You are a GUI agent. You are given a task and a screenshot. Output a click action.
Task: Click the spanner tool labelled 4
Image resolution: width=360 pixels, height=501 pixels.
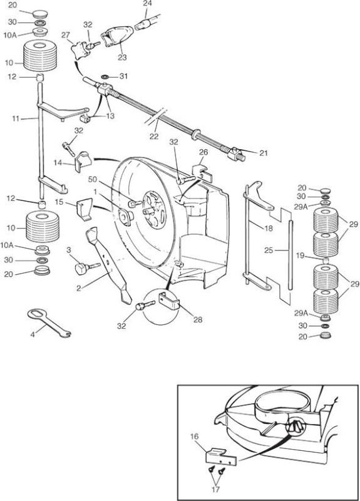click(48, 322)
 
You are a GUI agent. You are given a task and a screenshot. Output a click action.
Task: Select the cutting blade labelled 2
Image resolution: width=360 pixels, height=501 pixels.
click(108, 265)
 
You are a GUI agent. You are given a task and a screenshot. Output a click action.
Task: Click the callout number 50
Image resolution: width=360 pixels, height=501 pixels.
click(92, 180)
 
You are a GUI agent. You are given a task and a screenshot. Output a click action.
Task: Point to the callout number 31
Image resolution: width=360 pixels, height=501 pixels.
click(123, 76)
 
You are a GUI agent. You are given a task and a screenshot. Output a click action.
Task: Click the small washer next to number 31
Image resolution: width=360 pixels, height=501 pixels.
click(105, 76)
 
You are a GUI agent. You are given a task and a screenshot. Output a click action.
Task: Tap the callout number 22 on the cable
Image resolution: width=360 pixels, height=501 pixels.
click(154, 136)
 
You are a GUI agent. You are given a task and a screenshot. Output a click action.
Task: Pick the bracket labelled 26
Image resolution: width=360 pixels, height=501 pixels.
click(201, 173)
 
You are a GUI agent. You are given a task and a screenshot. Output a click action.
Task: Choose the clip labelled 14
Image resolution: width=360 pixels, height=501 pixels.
click(83, 162)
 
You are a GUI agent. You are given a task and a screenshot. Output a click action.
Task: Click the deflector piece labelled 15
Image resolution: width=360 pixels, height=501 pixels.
click(85, 209)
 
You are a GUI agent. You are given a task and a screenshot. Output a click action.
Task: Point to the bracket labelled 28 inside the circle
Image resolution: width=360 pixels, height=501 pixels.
click(169, 301)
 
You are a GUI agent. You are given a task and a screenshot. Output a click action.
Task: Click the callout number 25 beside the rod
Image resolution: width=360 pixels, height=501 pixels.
click(269, 250)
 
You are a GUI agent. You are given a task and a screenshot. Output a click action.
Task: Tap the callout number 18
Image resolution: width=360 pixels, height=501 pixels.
click(269, 228)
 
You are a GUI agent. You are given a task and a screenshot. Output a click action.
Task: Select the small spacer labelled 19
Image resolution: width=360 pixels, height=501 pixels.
click(325, 260)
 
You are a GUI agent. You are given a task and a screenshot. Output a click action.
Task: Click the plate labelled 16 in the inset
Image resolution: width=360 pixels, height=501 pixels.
click(220, 456)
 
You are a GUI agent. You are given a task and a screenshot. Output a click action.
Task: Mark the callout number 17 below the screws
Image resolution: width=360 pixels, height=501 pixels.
click(215, 489)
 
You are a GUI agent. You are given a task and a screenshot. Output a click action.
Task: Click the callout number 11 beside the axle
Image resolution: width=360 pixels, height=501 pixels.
click(16, 119)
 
